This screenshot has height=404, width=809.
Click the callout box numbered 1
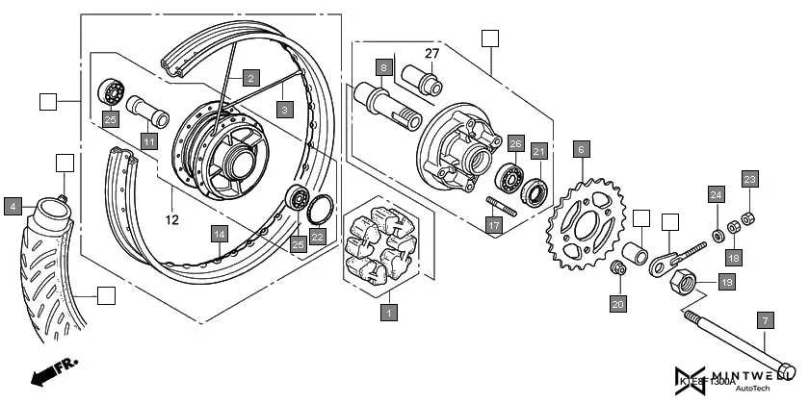coord(388,312)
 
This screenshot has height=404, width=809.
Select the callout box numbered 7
coord(766,319)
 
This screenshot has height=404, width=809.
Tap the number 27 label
coord(431,54)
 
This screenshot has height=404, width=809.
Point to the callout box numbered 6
coord(581,149)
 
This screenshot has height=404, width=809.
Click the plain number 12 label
coord(173,219)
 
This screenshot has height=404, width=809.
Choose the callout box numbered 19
coord(726,283)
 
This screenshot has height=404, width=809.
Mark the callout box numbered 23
coord(750,178)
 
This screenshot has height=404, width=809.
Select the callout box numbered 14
coord(220,234)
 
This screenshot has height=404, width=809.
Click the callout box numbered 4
coord(13,206)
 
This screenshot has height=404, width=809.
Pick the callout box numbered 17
coord(494,227)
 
